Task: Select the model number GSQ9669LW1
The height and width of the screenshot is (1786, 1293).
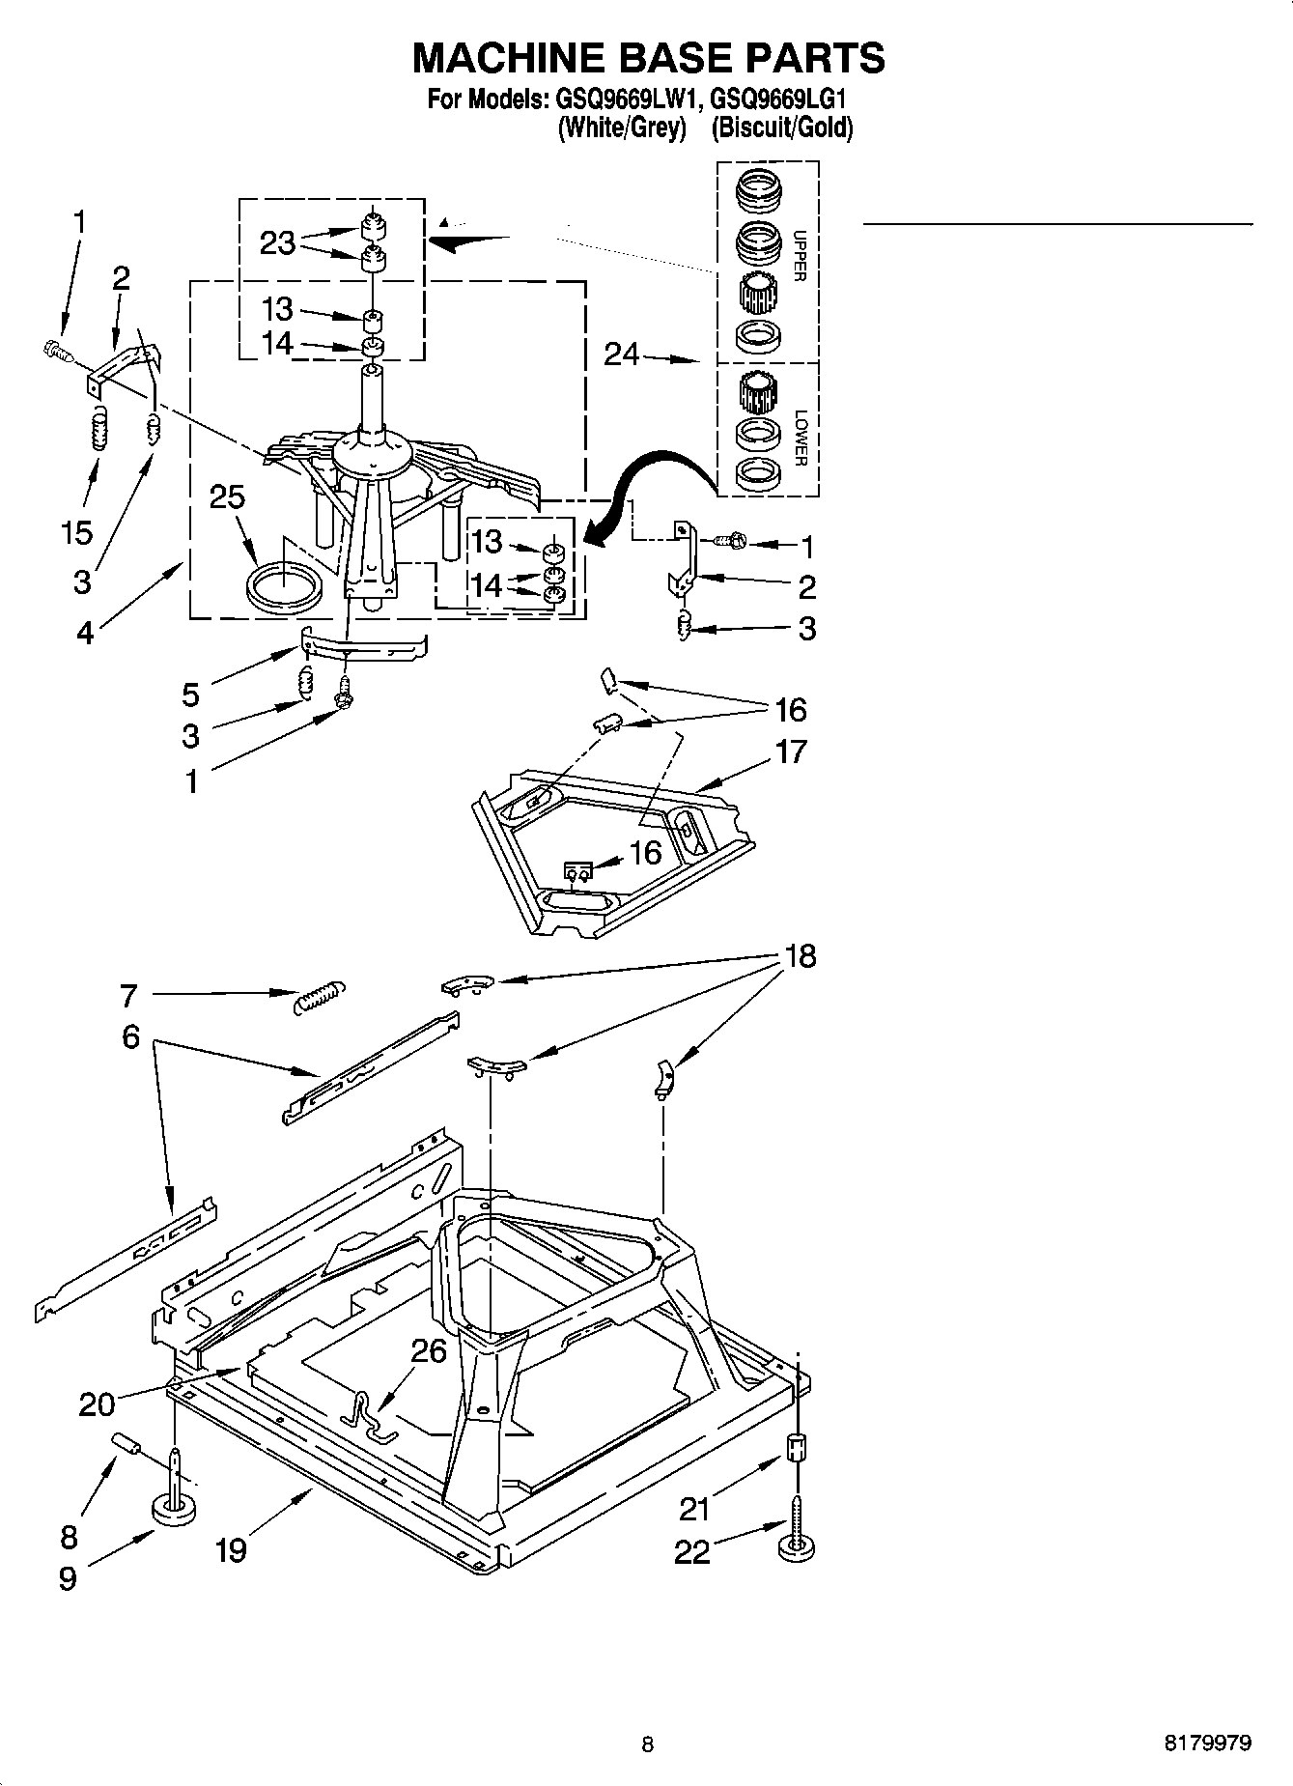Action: [x=618, y=100]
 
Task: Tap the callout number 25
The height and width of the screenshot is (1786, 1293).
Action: [x=227, y=497]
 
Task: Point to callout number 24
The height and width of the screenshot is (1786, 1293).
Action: [x=622, y=355]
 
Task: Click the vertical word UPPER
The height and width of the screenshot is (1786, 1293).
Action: [x=799, y=255]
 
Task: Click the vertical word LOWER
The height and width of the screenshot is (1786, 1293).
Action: [x=799, y=439]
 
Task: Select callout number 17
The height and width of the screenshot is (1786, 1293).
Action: [x=790, y=751]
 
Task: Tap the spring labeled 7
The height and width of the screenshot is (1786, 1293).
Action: [x=318, y=995]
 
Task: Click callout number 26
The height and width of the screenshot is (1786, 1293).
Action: [x=429, y=1350]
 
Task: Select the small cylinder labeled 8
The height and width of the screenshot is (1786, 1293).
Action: [x=128, y=1444]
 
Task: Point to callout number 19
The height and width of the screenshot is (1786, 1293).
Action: [x=231, y=1550]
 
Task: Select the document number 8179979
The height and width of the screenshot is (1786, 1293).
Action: [x=1207, y=1743]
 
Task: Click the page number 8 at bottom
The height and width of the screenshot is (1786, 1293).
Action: [x=647, y=1744]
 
